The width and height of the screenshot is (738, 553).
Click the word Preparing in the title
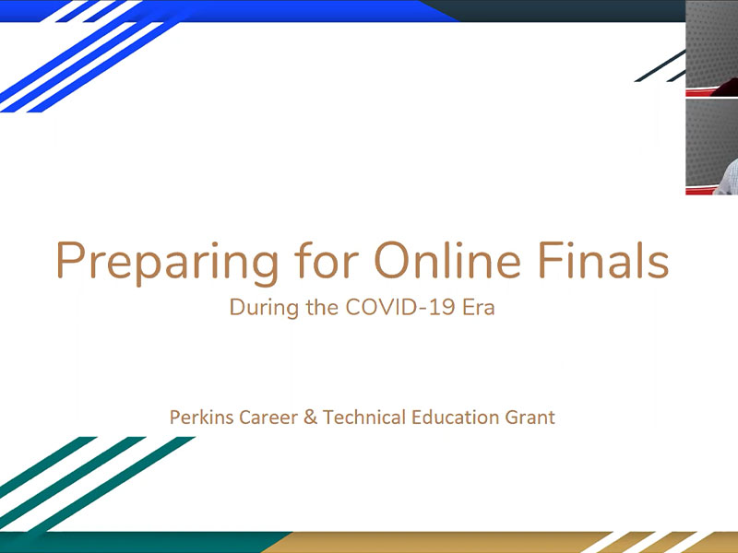pos(167,264)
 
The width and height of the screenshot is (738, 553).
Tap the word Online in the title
pos(447,260)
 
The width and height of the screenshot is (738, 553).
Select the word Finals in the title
pos(603,260)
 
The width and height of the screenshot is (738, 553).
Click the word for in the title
pos(327,260)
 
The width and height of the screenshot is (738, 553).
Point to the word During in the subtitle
pos(264,309)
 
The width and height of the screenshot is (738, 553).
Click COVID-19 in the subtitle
pos(400,307)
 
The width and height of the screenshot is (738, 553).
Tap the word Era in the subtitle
pos(479,307)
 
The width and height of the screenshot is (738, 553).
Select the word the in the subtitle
pos(322,307)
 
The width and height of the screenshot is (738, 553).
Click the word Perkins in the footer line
pos(201,418)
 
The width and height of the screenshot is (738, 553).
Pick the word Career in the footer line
pos(268,418)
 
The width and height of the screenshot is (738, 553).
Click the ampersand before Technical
pos(310,418)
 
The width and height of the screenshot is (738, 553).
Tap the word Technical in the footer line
pos(363,418)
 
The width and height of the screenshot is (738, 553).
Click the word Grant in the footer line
pos(530,418)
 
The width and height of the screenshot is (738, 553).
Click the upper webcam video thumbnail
pos(711,48)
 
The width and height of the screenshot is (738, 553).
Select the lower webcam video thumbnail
pos(711,147)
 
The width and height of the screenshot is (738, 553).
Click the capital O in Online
pos(392,260)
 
